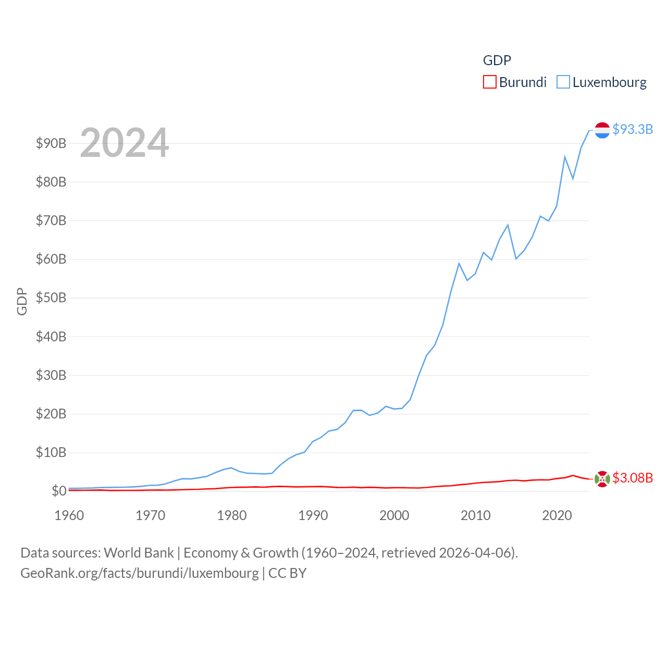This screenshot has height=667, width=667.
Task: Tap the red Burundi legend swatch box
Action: [490, 82]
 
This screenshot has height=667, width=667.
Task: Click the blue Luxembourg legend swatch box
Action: [563, 82]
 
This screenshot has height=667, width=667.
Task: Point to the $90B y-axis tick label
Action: [51, 143]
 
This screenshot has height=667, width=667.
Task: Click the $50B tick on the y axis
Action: [51, 298]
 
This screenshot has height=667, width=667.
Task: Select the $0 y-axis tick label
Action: [59, 491]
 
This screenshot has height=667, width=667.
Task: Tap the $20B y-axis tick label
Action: [51, 414]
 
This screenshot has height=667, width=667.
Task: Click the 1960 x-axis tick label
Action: [69, 515]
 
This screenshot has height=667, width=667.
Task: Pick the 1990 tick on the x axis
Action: [313, 515]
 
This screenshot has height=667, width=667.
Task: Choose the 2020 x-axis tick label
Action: [557, 515]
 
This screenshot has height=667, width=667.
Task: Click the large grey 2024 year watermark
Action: [124, 142]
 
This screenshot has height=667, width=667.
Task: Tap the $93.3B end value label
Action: [633, 129]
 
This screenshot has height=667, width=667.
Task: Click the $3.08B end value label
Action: [633, 478]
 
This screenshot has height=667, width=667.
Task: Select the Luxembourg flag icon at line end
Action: [602, 130]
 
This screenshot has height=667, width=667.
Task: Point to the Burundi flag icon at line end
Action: [602, 479]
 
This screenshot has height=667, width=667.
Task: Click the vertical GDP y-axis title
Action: [22, 301]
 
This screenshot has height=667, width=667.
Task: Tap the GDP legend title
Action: [497, 60]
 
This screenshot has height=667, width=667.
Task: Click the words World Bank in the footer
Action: [139, 552]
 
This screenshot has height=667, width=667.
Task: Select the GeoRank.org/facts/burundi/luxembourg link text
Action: [140, 573]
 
